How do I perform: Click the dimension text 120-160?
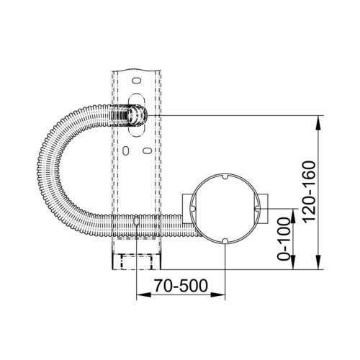coord(309,192)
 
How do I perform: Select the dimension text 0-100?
coord(284,239)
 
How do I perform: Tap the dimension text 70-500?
coord(181,286)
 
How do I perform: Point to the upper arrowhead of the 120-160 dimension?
coord(318,123)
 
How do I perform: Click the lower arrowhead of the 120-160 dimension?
coord(318,262)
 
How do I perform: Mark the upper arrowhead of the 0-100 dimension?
coord(293,216)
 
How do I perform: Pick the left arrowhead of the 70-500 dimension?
coord(144,294)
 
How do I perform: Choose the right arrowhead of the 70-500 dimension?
coord(217,294)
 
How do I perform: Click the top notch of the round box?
coord(225,176)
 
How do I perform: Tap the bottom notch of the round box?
coord(225,240)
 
